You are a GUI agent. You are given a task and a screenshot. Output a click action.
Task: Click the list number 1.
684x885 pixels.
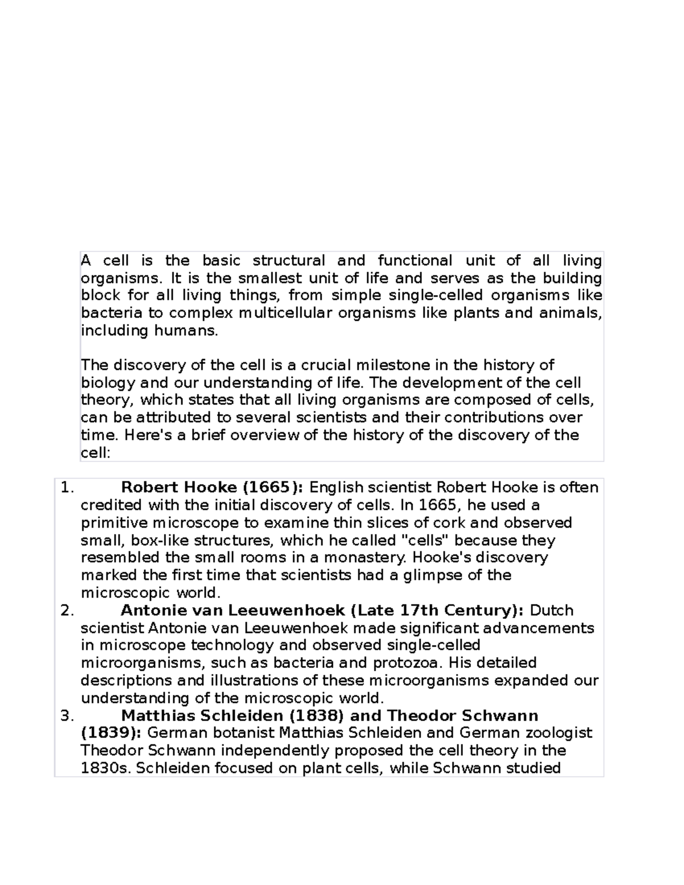(67, 488)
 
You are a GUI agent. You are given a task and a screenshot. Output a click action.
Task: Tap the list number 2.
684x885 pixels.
(67, 611)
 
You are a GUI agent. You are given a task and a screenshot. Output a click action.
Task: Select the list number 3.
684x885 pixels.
(67, 716)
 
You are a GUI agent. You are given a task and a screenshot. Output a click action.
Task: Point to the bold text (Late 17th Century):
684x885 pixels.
(437, 611)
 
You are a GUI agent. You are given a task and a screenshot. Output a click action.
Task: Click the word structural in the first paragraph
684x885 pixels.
(288, 261)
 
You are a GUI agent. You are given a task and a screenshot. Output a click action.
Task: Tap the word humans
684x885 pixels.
(186, 331)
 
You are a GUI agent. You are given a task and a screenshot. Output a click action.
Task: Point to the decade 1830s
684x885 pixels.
(106, 769)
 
